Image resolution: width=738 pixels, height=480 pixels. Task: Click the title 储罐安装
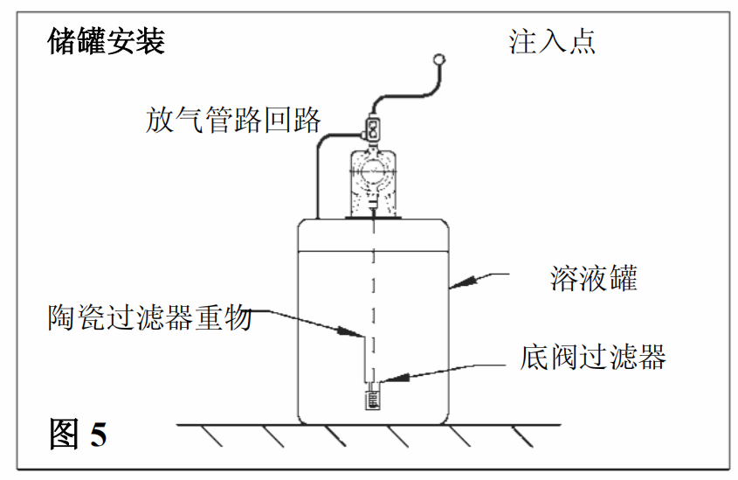point(106,40)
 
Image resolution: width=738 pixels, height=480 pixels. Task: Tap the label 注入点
point(552,42)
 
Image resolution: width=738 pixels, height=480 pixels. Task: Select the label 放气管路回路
point(233,120)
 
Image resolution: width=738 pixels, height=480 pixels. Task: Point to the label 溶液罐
point(594,278)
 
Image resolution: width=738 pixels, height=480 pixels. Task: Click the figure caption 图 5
point(79,435)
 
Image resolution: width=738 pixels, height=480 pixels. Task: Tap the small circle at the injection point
point(438,60)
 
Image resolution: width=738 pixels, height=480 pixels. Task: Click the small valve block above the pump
point(374,129)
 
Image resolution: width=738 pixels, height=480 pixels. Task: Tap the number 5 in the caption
point(98,435)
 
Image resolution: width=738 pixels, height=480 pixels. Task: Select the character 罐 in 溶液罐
point(623,278)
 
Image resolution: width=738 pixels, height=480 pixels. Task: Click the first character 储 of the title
point(62,40)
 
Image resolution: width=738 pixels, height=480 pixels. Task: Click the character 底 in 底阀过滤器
point(535,357)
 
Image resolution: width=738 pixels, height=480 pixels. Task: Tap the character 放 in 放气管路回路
point(161,120)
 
